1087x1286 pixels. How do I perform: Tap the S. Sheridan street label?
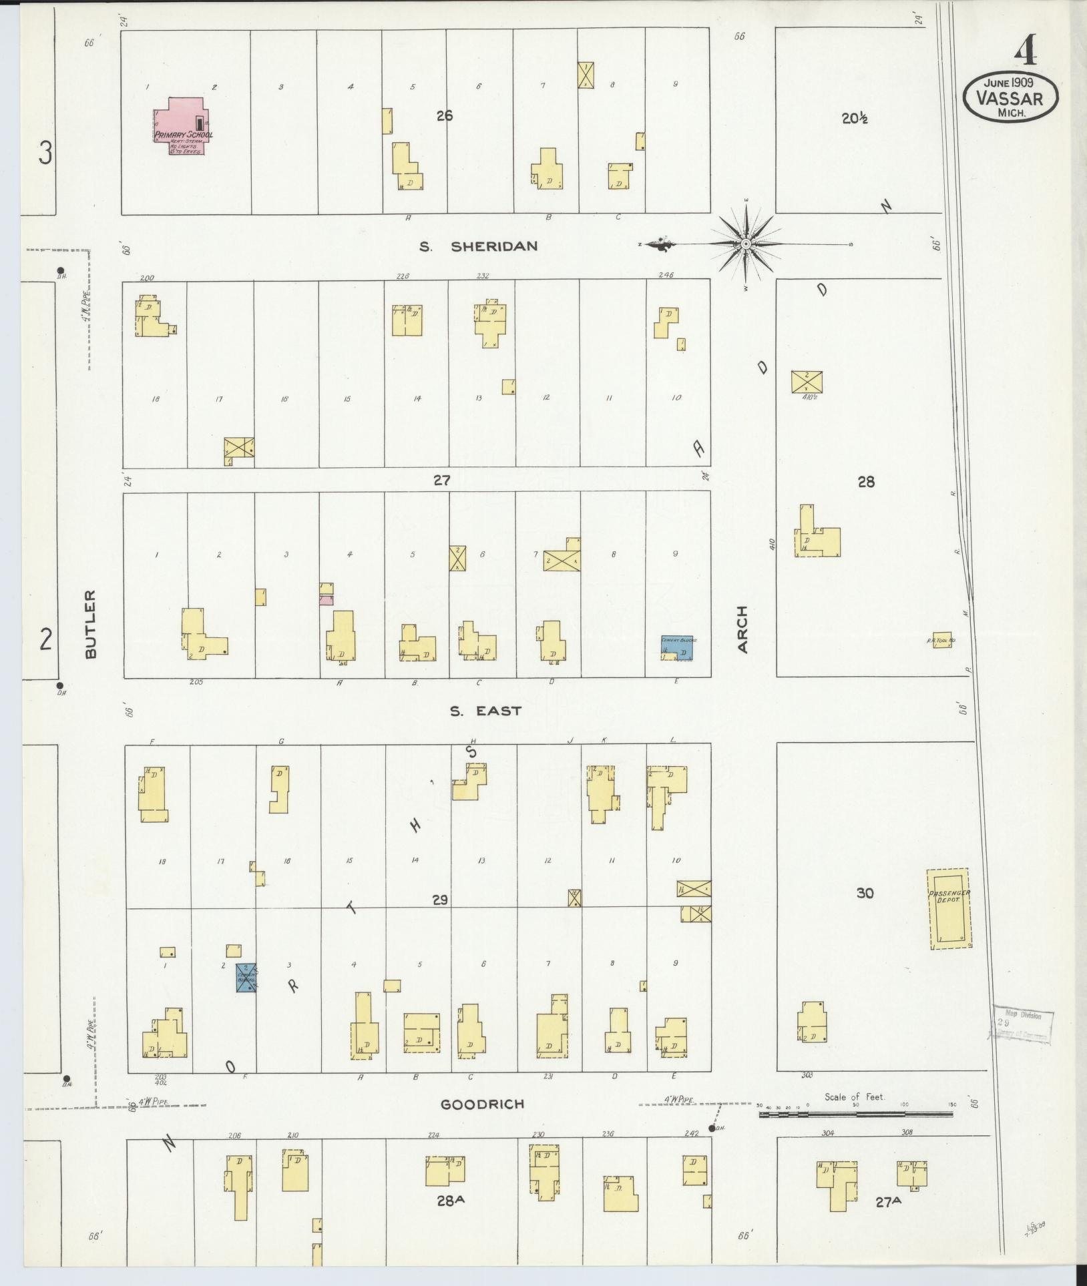[x=478, y=246]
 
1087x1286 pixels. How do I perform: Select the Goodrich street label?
[x=482, y=1104]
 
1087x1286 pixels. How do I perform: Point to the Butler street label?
[x=91, y=624]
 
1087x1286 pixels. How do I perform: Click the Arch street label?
[x=742, y=629]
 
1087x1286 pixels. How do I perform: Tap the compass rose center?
[x=745, y=245]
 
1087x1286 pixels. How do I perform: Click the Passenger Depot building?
[x=948, y=908]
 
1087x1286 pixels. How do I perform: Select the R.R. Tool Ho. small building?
[x=941, y=640]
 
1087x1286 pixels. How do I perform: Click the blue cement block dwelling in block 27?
[x=677, y=648]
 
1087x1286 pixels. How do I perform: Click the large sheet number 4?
[x=1025, y=50]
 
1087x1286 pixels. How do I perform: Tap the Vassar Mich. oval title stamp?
[x=1010, y=97]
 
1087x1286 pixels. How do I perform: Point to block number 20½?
[x=854, y=119]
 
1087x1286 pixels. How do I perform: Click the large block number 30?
[x=864, y=893]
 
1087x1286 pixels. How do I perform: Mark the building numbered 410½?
[x=807, y=382]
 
